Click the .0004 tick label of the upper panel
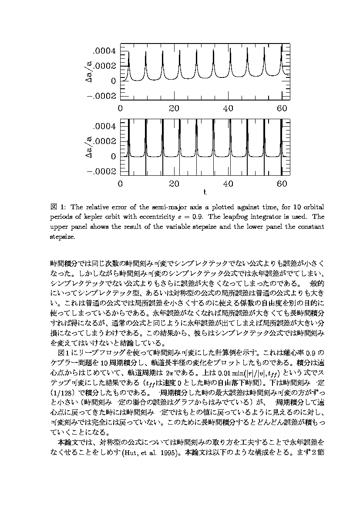click(105, 51)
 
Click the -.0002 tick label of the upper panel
click(102, 96)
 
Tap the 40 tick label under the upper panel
click(228, 108)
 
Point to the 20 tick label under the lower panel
click(174, 184)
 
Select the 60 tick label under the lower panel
click(282, 184)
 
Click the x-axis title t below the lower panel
click(205, 192)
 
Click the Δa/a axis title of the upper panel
click(88, 73)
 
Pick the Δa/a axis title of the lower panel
click(88, 148)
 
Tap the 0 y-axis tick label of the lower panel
click(114, 156)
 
